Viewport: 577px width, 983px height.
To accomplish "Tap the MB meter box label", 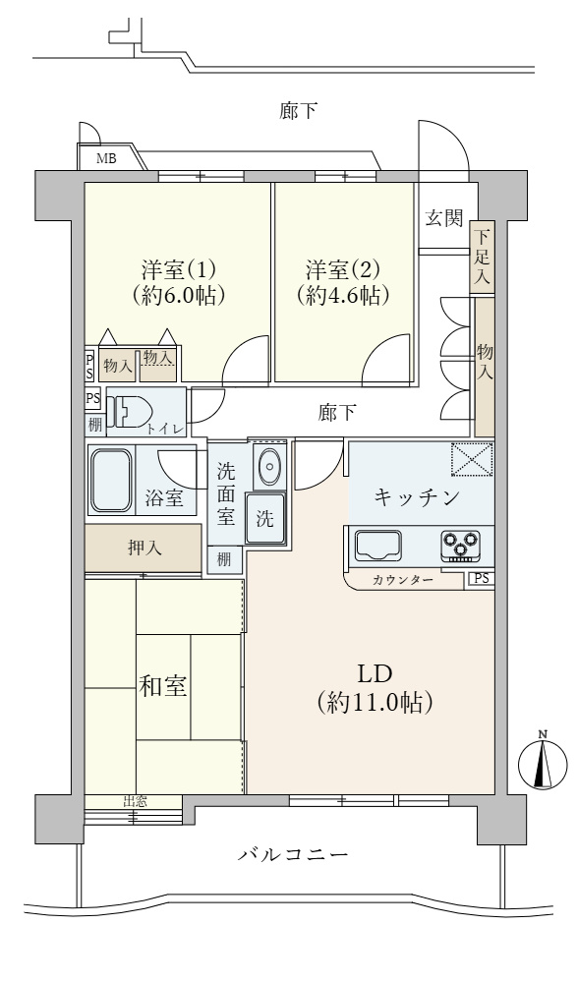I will (103, 159).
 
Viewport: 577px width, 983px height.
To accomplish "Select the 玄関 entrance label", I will (443, 218).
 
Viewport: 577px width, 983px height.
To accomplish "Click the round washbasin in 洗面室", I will (268, 467).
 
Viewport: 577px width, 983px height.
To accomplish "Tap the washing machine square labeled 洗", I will (265, 518).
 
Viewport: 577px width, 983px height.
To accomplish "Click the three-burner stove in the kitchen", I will (459, 543).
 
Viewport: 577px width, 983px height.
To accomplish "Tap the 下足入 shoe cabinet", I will (482, 258).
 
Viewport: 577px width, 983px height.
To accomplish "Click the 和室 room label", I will (162, 686).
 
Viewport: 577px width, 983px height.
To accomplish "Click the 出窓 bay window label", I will (135, 801).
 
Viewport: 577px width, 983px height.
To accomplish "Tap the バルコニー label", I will (292, 854).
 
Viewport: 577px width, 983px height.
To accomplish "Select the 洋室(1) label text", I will (178, 268).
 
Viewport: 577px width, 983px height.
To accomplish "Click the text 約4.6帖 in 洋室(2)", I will (343, 295).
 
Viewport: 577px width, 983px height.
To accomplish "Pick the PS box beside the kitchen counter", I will (481, 578).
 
